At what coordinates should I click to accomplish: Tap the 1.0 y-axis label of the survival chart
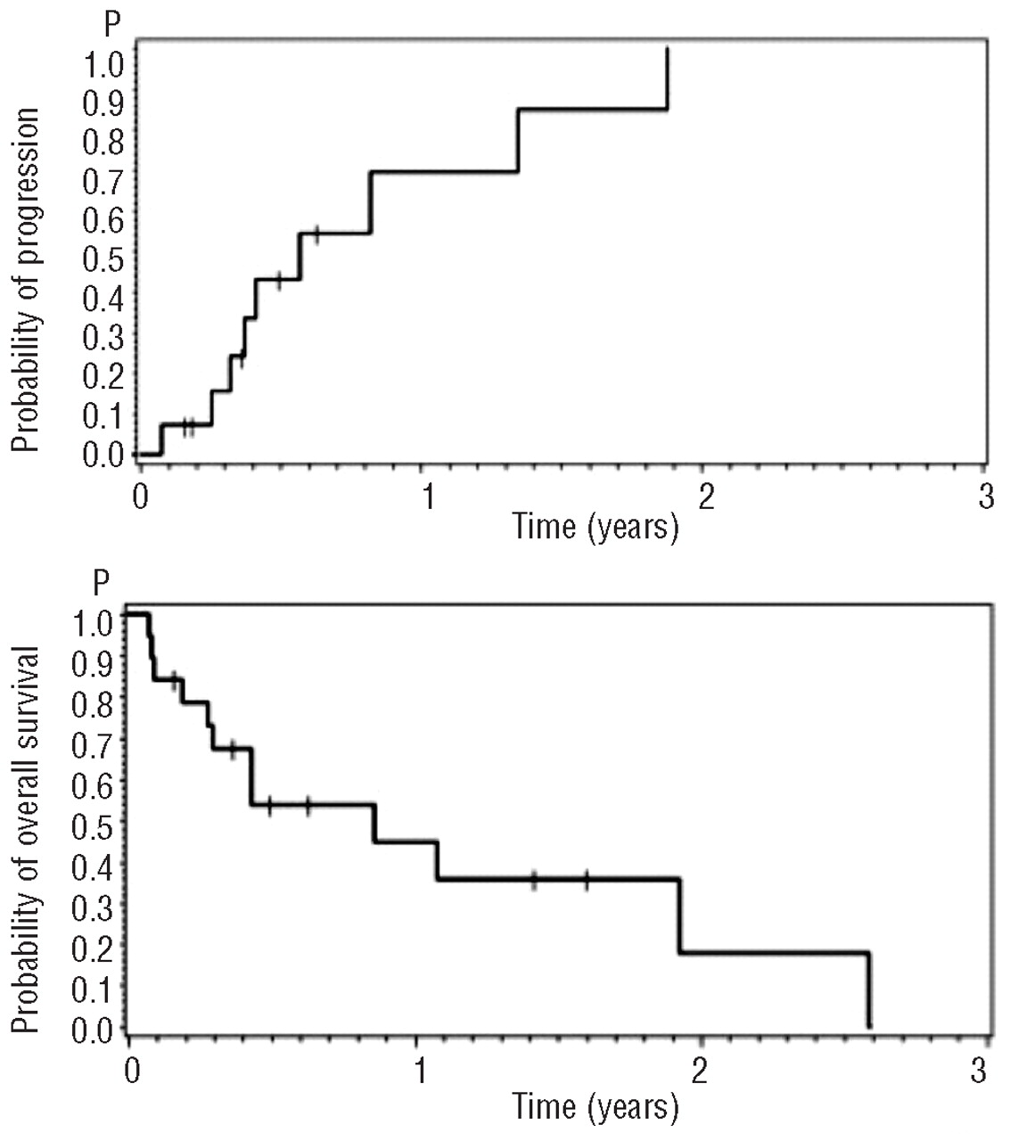(92, 620)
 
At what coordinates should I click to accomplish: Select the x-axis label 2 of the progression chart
(705, 497)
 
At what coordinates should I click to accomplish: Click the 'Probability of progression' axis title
(27, 279)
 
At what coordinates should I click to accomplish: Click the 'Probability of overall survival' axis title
(27, 841)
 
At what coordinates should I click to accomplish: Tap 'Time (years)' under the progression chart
(595, 527)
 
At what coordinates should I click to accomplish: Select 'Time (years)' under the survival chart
(595, 1106)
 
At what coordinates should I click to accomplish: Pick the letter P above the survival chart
(103, 584)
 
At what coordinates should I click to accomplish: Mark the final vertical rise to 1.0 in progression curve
(667, 78)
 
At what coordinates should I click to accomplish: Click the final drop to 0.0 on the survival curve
(868, 989)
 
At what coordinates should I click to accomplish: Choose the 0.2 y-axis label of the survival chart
(92, 948)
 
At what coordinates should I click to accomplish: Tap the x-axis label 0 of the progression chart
(140, 497)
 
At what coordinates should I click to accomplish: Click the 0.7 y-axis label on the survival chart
(92, 743)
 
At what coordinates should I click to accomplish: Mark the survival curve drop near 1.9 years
(679, 916)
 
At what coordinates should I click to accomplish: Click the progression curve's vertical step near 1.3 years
(518, 140)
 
